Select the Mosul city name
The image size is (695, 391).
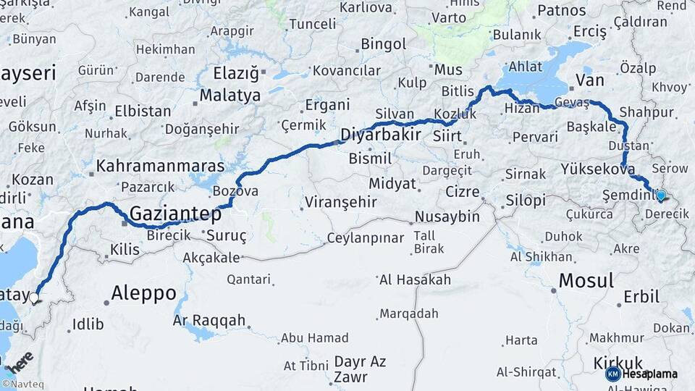586,280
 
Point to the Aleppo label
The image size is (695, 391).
143,293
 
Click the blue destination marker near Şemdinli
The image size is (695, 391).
660,195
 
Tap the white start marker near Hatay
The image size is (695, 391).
34,297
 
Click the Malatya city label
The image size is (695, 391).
229,95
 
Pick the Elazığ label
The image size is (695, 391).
236,73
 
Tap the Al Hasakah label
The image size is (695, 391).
414,279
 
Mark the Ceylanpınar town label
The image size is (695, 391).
365,238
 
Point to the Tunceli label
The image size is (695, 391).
313,25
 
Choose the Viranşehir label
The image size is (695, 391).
340,202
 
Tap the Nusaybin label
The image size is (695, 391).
447,216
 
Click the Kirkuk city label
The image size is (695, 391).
618,363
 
